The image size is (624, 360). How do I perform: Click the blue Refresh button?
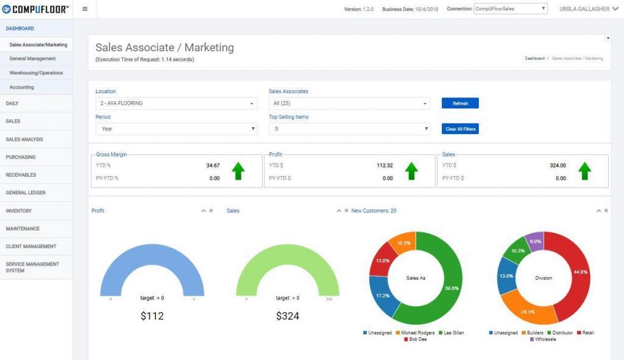click(460, 104)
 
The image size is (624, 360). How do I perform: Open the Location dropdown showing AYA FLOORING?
click(176, 104)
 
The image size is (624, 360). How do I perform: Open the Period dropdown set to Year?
click(176, 129)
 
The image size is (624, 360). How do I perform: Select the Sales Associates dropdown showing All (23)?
click(349, 104)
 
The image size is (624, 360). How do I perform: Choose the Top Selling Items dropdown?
click(349, 129)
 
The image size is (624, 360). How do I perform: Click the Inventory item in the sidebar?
click(19, 211)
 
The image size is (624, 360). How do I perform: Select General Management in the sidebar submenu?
click(32, 59)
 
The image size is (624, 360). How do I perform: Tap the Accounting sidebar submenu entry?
click(22, 87)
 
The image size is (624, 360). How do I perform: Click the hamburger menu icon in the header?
click(85, 9)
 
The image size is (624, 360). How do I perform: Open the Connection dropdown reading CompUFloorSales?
click(511, 9)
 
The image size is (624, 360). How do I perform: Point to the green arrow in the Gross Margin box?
click(238, 171)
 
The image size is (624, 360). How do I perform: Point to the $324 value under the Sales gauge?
click(287, 316)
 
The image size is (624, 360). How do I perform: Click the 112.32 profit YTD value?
click(385, 165)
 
